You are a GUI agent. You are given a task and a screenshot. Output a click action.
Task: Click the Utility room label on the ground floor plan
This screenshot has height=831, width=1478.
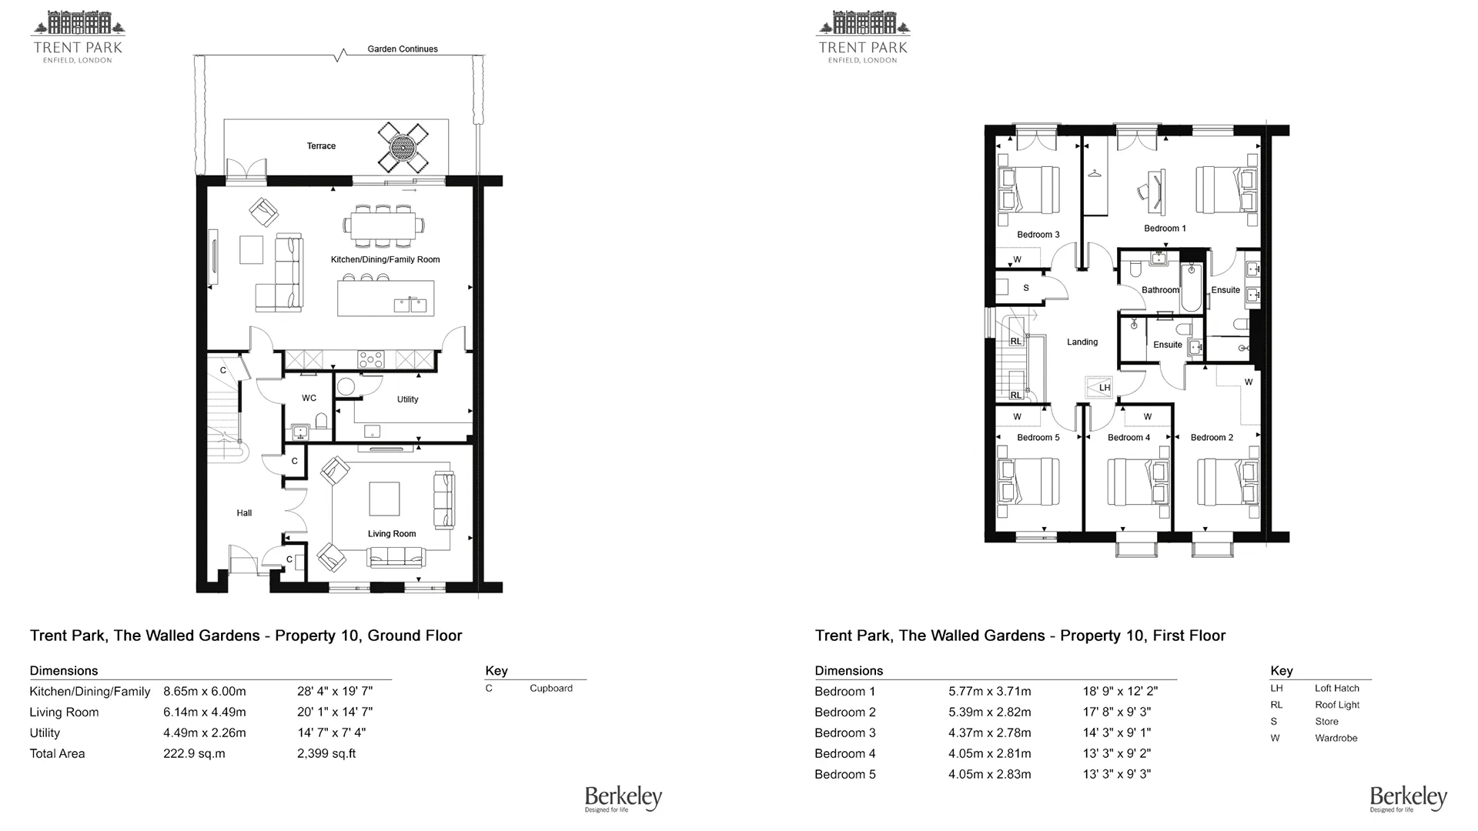click(407, 399)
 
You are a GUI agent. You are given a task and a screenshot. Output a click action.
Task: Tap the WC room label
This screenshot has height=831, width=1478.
click(309, 398)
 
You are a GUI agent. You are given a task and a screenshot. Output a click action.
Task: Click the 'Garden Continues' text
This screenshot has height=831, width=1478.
click(403, 49)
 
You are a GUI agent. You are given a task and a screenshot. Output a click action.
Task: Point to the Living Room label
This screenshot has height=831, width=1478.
click(392, 534)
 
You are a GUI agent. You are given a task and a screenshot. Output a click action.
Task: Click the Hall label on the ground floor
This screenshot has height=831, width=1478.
click(244, 513)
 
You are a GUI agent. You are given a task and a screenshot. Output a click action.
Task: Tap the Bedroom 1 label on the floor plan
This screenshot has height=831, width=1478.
click(1165, 229)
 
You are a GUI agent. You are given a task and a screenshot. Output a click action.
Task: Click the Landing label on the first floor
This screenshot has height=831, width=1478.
click(1082, 342)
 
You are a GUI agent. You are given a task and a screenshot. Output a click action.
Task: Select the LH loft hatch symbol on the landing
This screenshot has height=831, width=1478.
click(1098, 387)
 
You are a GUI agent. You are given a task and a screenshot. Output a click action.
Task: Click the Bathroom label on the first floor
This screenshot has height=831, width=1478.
click(1160, 290)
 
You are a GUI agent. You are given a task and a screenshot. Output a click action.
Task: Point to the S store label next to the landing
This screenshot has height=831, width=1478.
click(1026, 289)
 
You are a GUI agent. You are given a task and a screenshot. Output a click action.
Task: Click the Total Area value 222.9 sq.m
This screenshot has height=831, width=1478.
click(194, 754)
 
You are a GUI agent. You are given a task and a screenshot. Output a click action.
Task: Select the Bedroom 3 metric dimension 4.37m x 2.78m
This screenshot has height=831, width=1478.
click(990, 733)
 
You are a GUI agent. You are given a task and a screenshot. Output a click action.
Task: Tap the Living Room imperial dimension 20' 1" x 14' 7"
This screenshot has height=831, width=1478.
click(335, 713)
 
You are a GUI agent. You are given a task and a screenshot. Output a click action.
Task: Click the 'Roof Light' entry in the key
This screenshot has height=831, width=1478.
click(1337, 705)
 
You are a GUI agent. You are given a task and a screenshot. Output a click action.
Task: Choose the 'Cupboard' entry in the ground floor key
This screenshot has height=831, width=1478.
click(551, 689)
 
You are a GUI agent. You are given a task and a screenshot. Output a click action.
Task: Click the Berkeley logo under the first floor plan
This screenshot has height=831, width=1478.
click(1408, 799)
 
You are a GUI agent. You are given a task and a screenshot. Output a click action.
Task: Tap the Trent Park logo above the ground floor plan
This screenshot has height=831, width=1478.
click(78, 37)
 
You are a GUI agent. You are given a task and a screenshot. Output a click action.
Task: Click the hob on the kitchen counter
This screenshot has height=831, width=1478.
click(371, 359)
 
